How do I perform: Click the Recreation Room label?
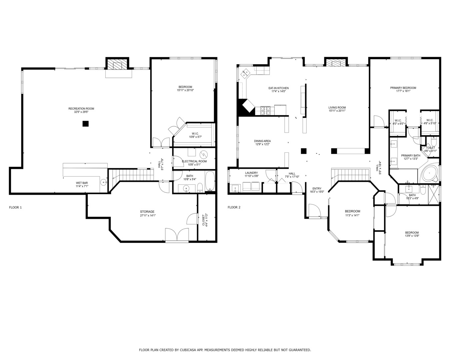[81, 109]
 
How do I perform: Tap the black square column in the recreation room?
[86, 124]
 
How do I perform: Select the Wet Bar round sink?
[104, 182]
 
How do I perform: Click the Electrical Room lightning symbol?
[203, 155]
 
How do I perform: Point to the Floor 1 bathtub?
[210, 181]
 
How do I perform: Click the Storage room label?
[147, 211]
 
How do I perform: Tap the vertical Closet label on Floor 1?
[203, 220]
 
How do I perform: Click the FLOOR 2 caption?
[234, 207]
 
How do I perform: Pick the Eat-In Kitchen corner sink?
[245, 73]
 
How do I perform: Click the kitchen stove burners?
[265, 111]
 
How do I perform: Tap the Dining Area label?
[262, 141]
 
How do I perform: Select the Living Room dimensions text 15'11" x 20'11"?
[337, 111]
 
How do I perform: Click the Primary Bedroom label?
[403, 88]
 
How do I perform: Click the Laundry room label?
[251, 173]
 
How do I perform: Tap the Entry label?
[317, 188]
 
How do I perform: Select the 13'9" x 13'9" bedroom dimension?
[412, 236]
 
